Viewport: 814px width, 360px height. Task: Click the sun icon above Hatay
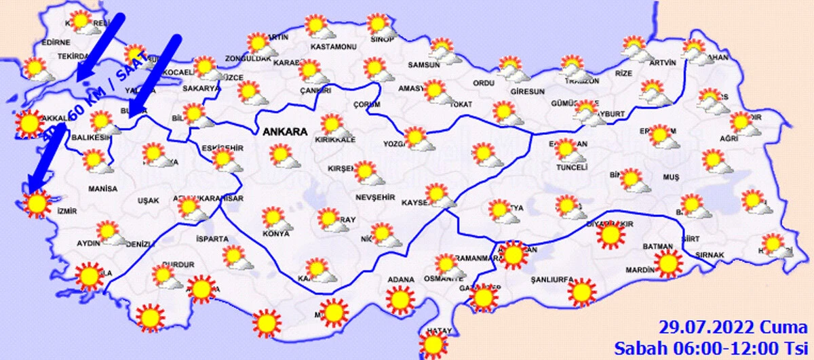click(x=433, y=344)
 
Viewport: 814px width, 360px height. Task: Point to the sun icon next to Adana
click(x=400, y=298)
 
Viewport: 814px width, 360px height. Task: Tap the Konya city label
click(x=276, y=234)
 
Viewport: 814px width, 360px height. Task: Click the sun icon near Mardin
click(x=668, y=263)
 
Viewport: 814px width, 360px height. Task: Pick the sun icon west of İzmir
click(x=36, y=203)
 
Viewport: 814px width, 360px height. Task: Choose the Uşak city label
click(x=148, y=201)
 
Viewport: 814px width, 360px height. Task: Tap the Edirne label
click(x=56, y=42)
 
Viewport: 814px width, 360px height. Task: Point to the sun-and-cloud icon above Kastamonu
click(x=317, y=27)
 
